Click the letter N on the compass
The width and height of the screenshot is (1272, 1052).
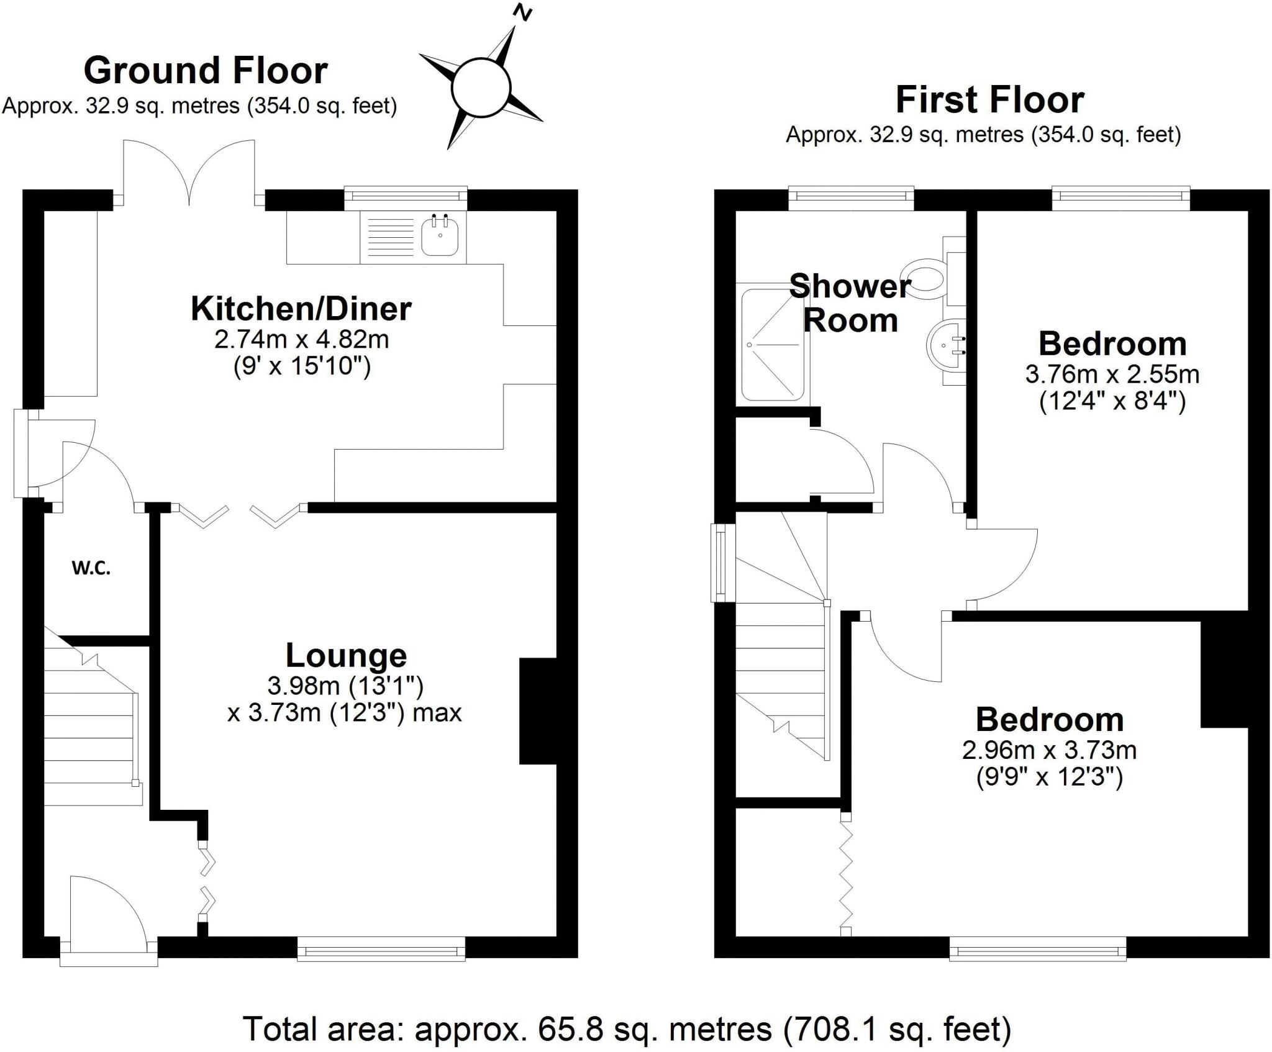(524, 12)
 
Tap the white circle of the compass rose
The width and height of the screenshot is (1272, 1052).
(481, 88)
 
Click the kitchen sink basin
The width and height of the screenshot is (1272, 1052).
(440, 236)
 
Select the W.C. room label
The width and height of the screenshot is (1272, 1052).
(91, 568)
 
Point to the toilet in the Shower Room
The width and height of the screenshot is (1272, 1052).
(927, 276)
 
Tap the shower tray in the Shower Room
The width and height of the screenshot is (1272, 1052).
(771, 344)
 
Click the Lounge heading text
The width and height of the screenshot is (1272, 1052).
(346, 655)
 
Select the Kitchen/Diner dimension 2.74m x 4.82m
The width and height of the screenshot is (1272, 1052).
(301, 340)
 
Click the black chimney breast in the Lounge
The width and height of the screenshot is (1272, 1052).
(537, 710)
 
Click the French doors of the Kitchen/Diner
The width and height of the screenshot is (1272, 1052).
(189, 171)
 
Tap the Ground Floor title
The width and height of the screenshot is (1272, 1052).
(205, 70)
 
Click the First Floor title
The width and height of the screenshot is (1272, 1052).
(989, 100)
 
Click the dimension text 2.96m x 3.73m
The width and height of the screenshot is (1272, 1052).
(1049, 750)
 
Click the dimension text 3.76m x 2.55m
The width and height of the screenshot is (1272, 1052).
(1112, 374)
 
